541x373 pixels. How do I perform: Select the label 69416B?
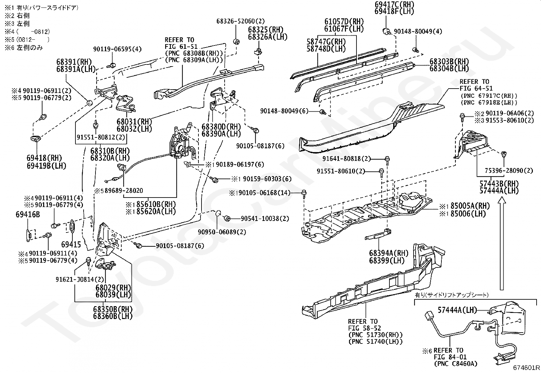(28, 215)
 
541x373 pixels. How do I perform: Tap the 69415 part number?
(71, 244)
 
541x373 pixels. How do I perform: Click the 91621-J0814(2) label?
(80, 279)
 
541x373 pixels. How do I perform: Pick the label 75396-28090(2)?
(509, 171)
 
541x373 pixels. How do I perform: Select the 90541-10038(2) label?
(265, 219)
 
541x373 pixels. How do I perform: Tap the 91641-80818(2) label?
(347, 158)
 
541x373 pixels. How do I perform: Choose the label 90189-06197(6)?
(239, 165)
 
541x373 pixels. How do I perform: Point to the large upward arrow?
(501, 244)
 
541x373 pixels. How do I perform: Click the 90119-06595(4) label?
(117, 49)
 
